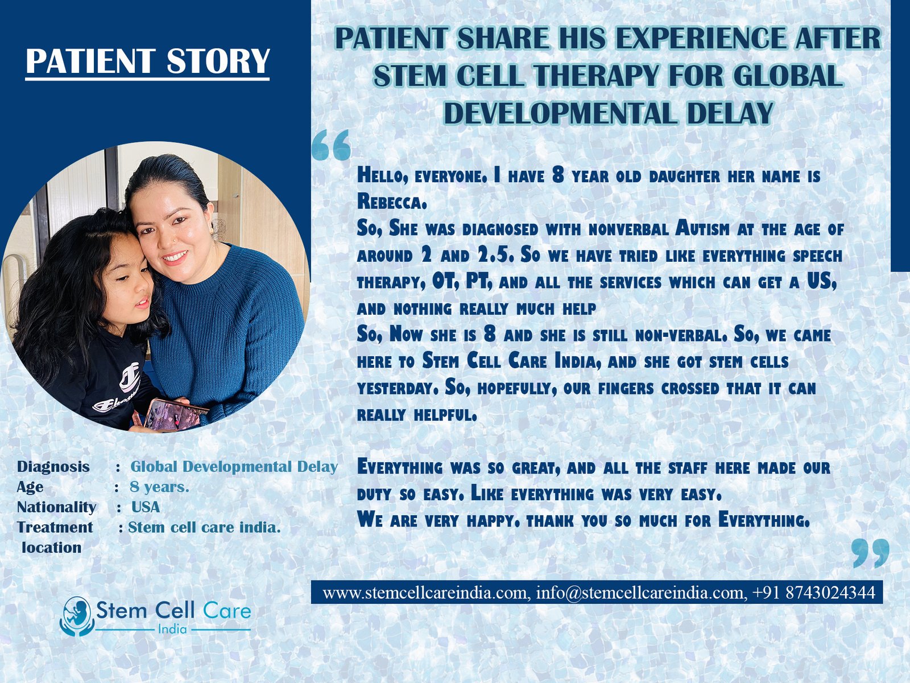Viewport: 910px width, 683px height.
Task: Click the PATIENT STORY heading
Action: tap(147, 61)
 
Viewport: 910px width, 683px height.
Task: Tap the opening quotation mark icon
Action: tap(331, 145)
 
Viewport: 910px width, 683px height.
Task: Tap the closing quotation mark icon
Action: tap(871, 553)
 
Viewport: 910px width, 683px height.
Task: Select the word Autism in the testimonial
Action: tap(702, 228)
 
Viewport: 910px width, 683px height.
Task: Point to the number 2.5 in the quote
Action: tap(495, 255)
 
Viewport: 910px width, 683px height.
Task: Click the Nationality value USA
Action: tap(146, 507)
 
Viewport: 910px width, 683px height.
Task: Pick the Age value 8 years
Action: tap(160, 487)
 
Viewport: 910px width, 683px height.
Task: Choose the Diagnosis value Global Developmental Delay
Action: tap(234, 467)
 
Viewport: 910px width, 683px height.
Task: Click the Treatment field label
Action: tap(55, 527)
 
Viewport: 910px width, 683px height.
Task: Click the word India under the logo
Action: tap(172, 629)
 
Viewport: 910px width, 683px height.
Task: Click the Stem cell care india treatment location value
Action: tap(204, 528)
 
